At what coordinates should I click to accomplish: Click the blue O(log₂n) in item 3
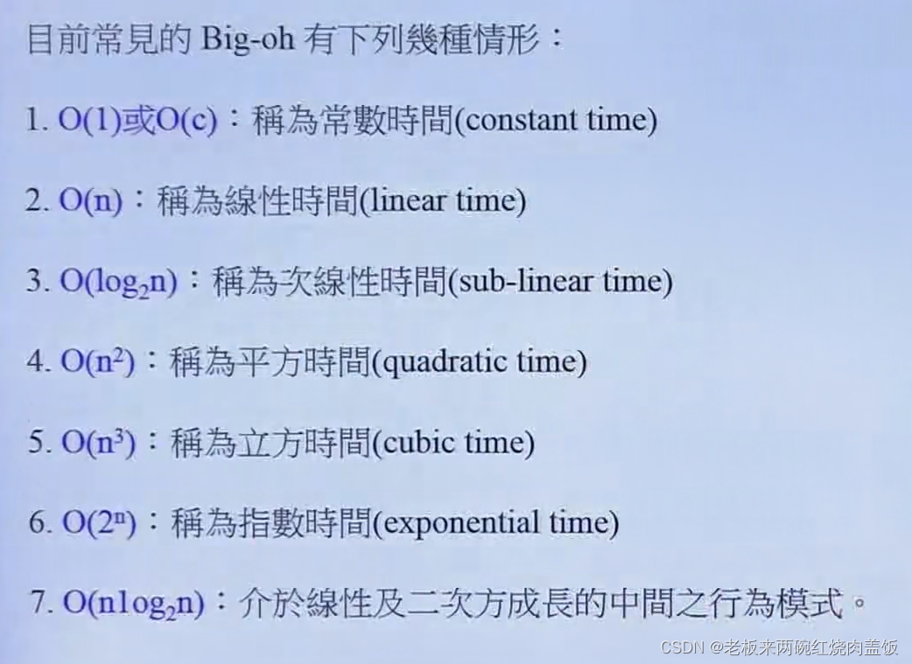(118, 282)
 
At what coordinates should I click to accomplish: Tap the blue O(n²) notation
(96, 362)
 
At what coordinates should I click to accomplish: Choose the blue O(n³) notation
(96, 443)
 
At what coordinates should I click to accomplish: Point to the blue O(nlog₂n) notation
(131, 604)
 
